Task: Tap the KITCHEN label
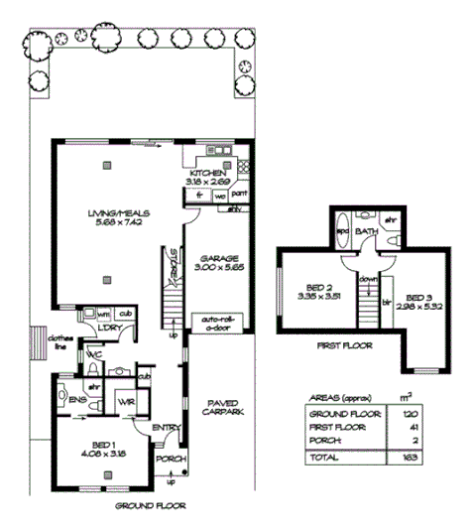pyautogui.click(x=209, y=173)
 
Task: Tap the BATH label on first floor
pyautogui.click(x=367, y=231)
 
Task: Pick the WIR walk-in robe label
pyautogui.click(x=126, y=400)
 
